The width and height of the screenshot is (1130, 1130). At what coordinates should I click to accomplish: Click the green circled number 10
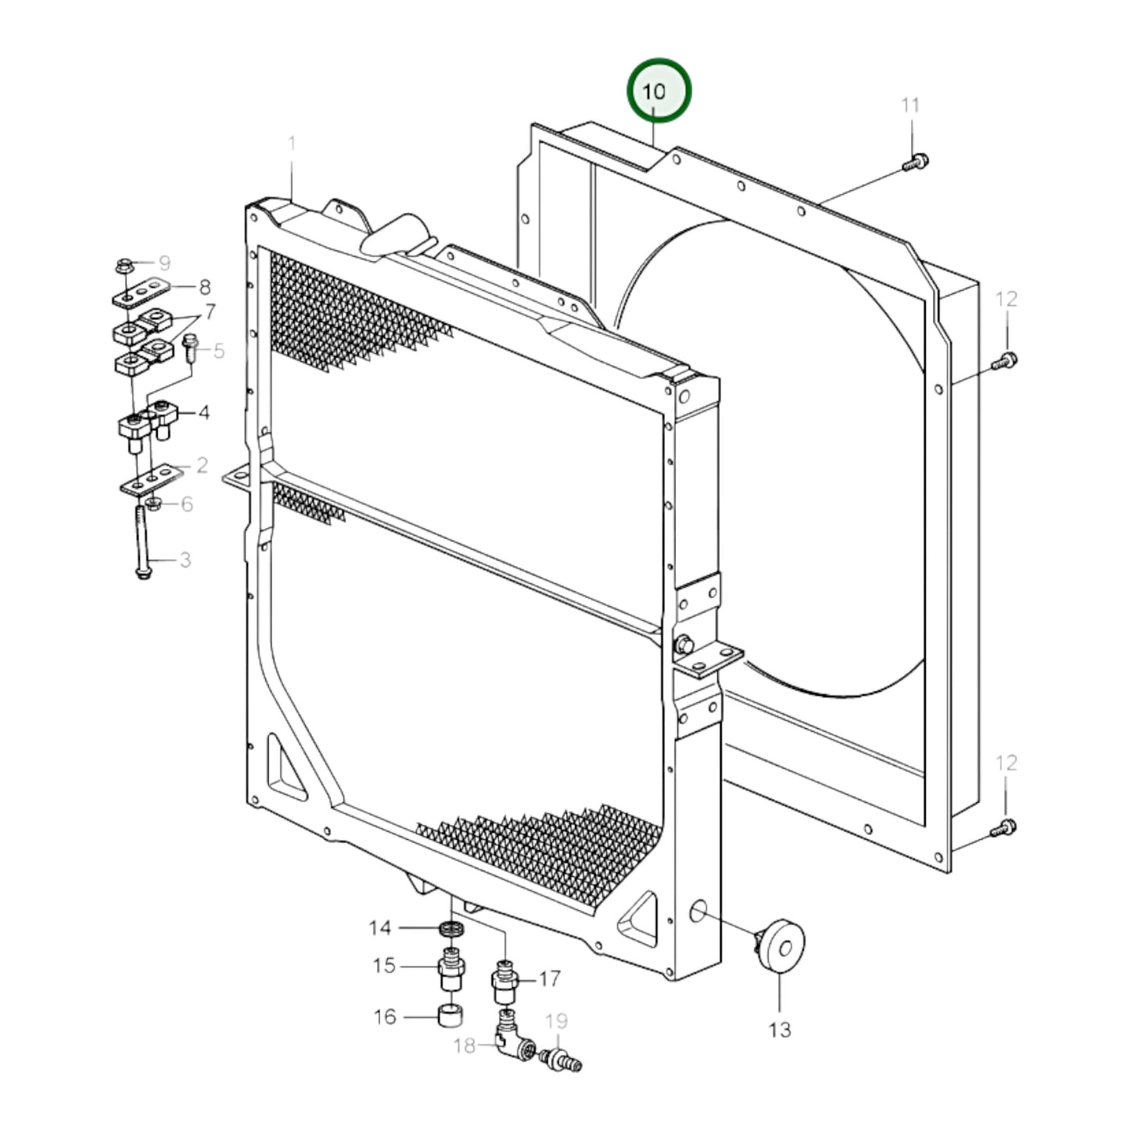coord(658,91)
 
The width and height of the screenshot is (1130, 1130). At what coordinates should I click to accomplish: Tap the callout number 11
coord(910,105)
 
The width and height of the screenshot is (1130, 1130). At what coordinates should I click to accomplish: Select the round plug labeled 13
coord(783,946)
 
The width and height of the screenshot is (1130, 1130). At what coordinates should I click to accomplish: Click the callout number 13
coord(780,1029)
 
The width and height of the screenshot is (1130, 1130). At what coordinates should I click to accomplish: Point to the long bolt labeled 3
coord(142,543)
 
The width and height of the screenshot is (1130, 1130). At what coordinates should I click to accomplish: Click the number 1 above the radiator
coord(292,144)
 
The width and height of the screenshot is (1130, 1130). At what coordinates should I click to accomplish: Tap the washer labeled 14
coord(451,928)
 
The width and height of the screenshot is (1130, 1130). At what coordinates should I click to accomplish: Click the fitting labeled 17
coord(504,979)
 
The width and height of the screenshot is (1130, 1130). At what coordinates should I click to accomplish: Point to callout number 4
coord(203,412)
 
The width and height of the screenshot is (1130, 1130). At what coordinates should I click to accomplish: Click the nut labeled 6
coord(154,503)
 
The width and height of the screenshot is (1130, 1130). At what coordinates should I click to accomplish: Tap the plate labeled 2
coord(152,479)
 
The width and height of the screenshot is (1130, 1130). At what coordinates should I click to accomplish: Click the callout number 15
coord(383,966)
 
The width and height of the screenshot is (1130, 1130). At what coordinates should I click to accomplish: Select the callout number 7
coord(209,313)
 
